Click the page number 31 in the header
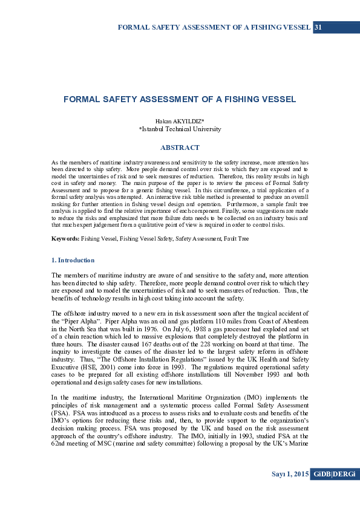[x=318, y=27]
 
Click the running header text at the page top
[x=214, y=27]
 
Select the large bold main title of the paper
[x=180, y=99]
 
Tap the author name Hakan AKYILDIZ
[x=179, y=122]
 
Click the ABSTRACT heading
[x=180, y=148]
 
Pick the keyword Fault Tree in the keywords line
[x=235, y=239]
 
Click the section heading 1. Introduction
[x=73, y=260]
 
